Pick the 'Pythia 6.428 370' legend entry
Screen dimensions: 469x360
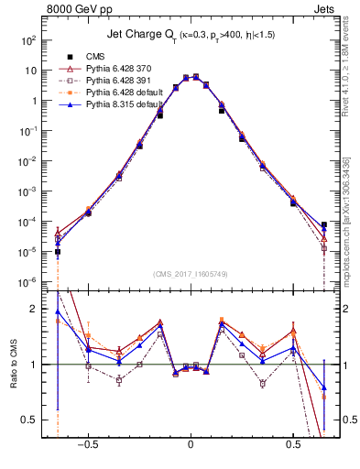[120, 69]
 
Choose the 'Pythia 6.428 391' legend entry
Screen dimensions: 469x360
[120, 81]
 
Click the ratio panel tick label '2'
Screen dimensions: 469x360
[35, 310]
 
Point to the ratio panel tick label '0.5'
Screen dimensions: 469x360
[30, 420]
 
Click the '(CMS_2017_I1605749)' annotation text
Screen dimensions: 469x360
[191, 275]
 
